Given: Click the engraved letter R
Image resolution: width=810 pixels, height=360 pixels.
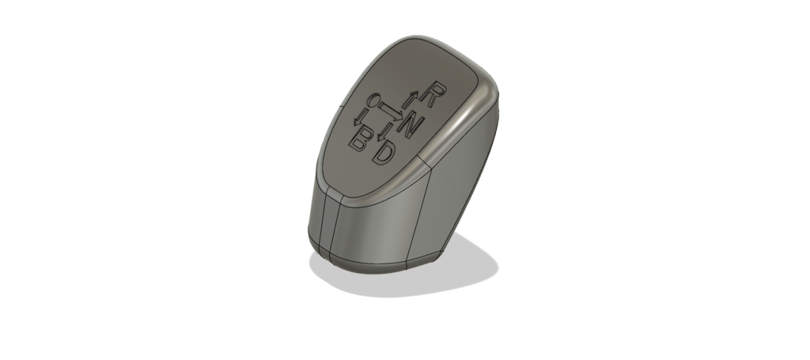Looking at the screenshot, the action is (x=433, y=94).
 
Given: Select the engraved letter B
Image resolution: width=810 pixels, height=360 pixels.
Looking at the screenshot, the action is (x=359, y=139).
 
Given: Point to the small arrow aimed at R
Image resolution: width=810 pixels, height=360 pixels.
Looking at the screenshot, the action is (x=411, y=100).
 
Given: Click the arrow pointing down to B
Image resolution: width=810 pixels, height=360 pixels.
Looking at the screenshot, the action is (x=359, y=118).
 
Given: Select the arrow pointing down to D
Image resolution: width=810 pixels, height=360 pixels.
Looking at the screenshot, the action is (x=383, y=131).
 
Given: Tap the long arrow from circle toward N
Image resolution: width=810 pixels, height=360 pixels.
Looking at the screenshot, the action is (x=391, y=111).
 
